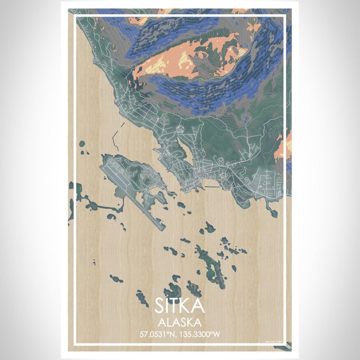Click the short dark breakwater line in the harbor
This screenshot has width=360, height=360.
(210, 187)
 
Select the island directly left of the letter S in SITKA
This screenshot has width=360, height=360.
(142, 298)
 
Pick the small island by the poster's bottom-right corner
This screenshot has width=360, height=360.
(285, 345)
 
